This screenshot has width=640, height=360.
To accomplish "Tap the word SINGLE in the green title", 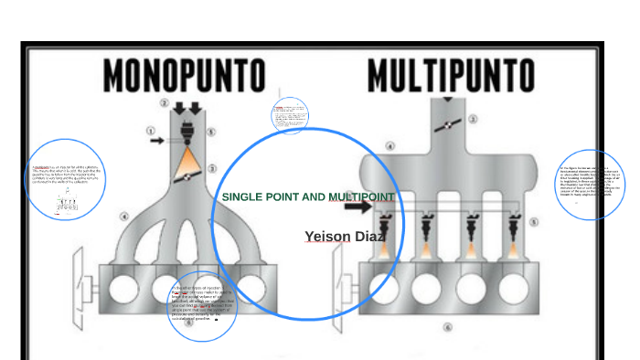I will pyautogui.click(x=241, y=197).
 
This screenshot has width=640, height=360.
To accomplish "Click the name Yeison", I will pyautogui.click(x=328, y=238).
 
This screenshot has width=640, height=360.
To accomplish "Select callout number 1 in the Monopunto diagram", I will pyautogui.click(x=152, y=131).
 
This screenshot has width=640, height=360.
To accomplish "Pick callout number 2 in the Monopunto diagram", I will pyautogui.click(x=165, y=102).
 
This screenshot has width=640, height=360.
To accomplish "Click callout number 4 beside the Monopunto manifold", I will pyautogui.click(x=125, y=217).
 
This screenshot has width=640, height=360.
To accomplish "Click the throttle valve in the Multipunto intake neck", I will pyautogui.click(x=448, y=123).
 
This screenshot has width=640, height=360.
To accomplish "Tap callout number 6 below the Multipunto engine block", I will pyautogui.click(x=448, y=327).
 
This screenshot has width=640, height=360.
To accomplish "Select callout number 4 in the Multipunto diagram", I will pyautogui.click(x=390, y=146).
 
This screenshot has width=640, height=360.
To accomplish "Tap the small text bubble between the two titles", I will pyautogui.click(x=290, y=116).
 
